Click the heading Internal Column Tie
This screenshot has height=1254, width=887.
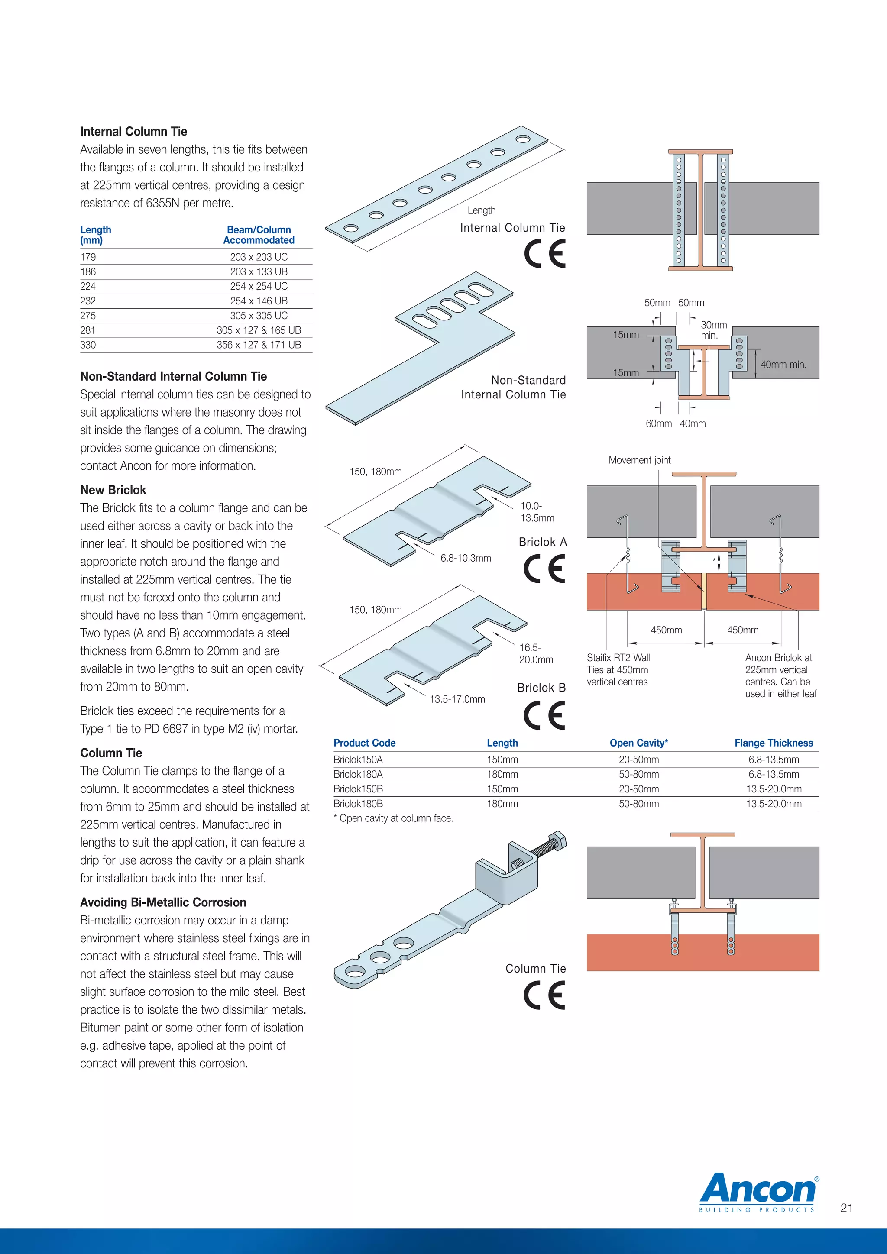[133, 132]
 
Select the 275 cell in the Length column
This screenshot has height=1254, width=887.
[88, 316]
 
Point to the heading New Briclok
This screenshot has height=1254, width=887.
[113, 490]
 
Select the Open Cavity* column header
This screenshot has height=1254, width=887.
[638, 743]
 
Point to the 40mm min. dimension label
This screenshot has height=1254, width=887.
[783, 364]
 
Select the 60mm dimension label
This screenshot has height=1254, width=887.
[659, 423]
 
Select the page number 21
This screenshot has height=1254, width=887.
[846, 1208]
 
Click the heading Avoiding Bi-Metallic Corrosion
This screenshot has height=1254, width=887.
[163, 902]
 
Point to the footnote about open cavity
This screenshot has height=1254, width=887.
[393, 818]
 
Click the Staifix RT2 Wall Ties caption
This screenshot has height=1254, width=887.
[618, 669]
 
